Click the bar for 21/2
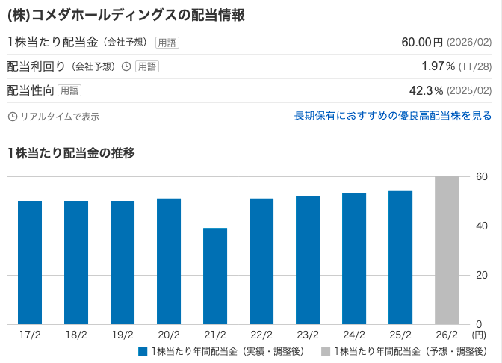(x=215, y=276)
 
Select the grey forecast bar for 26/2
(x=447, y=250)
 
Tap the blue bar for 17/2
(x=30, y=262)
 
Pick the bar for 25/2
(x=400, y=258)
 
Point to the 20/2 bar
(x=169, y=261)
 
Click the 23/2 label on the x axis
(x=308, y=335)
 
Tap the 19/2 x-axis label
(x=123, y=335)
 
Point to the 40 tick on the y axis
(x=482, y=226)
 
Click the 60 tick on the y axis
(x=482, y=176)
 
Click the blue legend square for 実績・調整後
(x=143, y=351)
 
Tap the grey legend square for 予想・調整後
(x=325, y=351)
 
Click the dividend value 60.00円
(x=422, y=42)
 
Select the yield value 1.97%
(x=434, y=66)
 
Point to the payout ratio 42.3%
(x=427, y=91)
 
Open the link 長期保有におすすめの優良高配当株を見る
(x=393, y=116)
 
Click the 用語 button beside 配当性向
(x=69, y=91)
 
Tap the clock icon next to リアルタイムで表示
(x=12, y=117)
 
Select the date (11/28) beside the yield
(x=475, y=66)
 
